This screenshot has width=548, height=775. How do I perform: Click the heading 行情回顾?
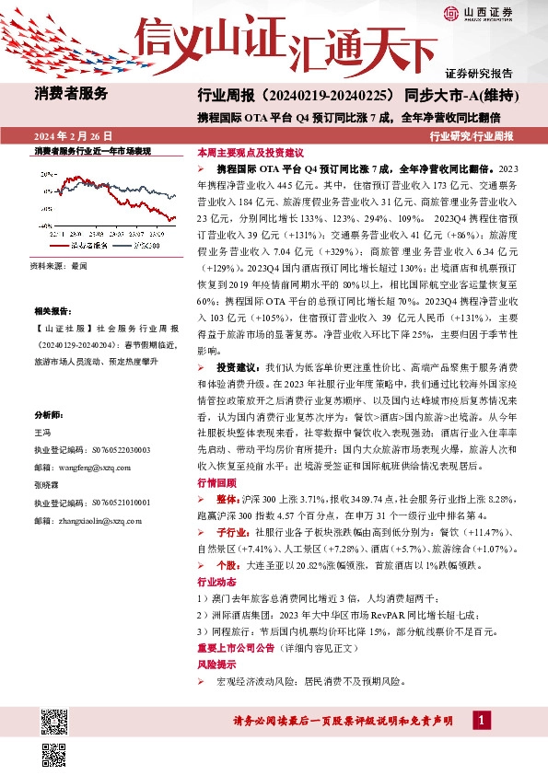tap(216, 482)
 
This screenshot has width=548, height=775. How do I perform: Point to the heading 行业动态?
tap(216, 582)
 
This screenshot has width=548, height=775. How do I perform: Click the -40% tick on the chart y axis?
tap(44, 224)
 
